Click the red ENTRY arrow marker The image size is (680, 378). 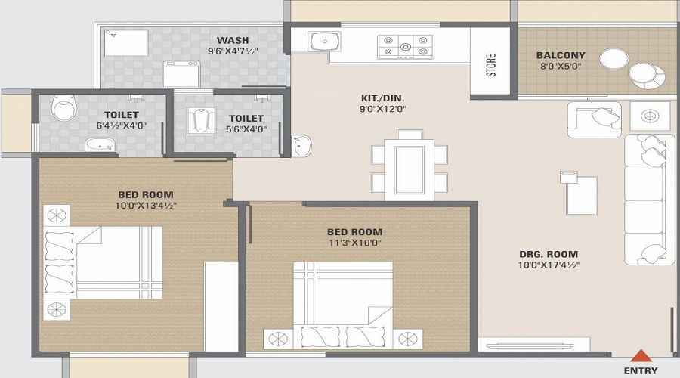coord(641,355)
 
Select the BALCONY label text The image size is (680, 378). coord(561,55)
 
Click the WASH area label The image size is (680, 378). coord(233,40)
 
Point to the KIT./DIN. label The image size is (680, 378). coord(383,97)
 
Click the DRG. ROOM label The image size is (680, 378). coord(549,254)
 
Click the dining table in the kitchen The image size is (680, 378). coord(409,165)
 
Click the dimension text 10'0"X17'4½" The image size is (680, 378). coord(549,265)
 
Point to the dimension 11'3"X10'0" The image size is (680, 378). coord(354,243)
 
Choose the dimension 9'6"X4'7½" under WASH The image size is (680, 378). coord(233,52)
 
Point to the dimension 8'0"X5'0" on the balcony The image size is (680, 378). coord(560,67)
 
